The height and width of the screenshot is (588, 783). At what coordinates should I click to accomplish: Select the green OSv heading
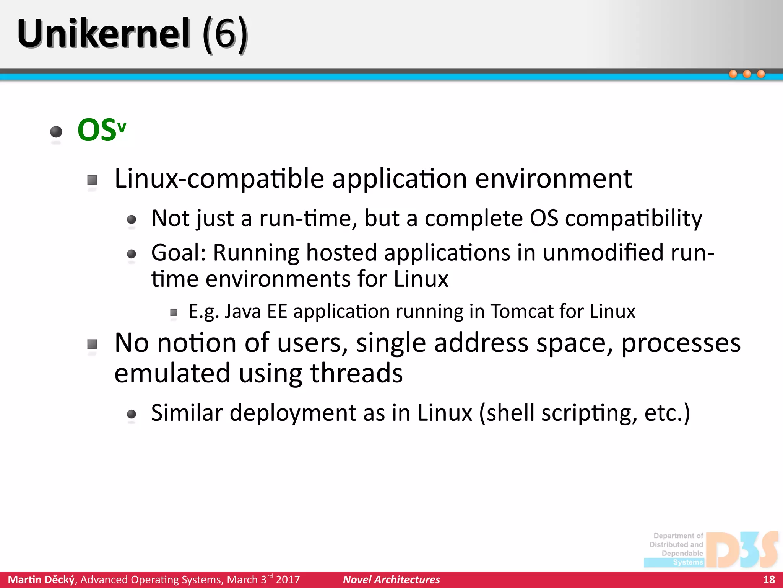[x=101, y=130]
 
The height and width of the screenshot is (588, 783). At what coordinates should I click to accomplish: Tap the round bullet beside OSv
[x=56, y=132]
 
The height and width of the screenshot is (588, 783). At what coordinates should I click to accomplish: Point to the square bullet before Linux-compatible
[x=92, y=180]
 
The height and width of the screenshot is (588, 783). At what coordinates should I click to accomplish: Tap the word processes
[x=681, y=343]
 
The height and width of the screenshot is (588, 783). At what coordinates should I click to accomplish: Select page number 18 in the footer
[x=769, y=580]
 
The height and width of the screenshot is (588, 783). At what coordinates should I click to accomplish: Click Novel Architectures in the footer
[x=391, y=580]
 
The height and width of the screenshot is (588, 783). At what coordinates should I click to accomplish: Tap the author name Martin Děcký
[x=42, y=580]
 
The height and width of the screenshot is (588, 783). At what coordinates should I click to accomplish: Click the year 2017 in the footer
[x=288, y=580]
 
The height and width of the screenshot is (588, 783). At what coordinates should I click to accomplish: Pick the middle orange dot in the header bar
[x=747, y=74]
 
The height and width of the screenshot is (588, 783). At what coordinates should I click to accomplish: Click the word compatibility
[x=634, y=219]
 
